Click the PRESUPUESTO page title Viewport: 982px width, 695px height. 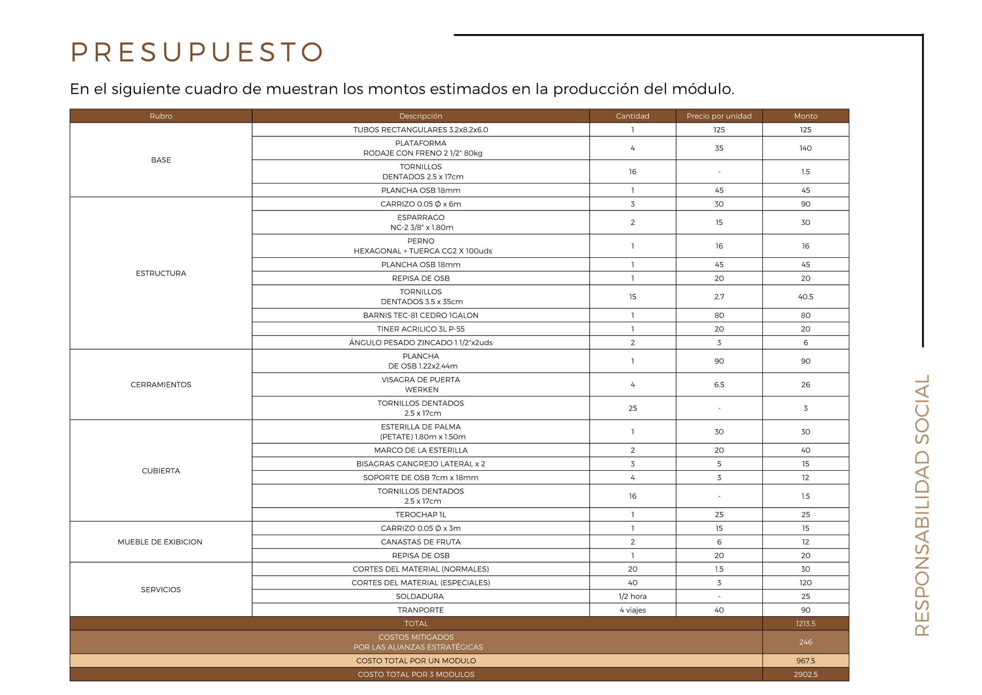pos(197,52)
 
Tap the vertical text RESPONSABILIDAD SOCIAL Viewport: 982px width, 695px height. pos(922,505)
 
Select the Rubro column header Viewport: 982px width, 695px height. pos(161,116)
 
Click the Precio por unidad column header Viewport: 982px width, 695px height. pos(719,116)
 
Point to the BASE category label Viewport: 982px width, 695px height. pos(161,160)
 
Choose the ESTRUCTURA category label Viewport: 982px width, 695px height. pos(161,273)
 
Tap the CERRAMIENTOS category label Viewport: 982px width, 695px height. pos(161,384)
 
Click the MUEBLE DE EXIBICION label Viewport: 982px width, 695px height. pos(160,542)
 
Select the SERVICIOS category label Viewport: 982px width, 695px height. pos(161,589)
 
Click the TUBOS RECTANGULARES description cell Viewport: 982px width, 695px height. pos(421,130)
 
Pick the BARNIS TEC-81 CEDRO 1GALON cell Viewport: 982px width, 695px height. pos(421,315)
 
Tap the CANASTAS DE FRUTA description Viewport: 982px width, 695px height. pos(421,542)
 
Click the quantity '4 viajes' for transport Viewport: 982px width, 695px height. pos(633,610)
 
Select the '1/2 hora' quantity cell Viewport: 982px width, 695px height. pos(633,596)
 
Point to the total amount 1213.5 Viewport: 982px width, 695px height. pos(805,624)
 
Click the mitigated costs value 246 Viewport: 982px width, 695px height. pos(805,642)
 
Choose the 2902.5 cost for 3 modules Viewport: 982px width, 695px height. pos(805,674)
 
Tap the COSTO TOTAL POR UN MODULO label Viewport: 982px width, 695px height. pos(416,661)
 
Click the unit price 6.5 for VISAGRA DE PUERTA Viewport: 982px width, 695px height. pos(719,385)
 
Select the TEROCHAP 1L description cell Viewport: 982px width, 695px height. pos(421,514)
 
